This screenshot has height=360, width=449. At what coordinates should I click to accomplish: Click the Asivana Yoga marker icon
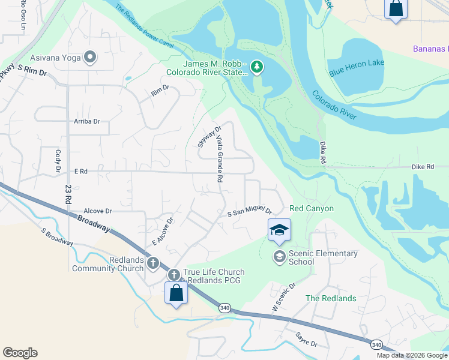pos(91,58)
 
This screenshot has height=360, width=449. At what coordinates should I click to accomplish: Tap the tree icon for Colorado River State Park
pos(258,67)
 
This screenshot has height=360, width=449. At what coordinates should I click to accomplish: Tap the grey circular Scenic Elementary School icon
pos(279,257)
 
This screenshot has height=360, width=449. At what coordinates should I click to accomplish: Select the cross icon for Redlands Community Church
pos(153,263)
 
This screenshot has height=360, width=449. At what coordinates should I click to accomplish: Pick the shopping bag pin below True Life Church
pos(176,293)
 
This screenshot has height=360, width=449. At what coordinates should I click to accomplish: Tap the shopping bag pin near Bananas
pos(396,9)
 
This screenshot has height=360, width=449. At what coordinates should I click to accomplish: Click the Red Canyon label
pos(312,208)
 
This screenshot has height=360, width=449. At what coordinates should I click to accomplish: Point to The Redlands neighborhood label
pos(331,298)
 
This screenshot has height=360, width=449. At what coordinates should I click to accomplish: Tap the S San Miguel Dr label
pos(250,212)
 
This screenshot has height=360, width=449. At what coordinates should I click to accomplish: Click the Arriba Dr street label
pos(87,121)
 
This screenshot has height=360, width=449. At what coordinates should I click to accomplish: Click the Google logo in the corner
pos(20,353)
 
